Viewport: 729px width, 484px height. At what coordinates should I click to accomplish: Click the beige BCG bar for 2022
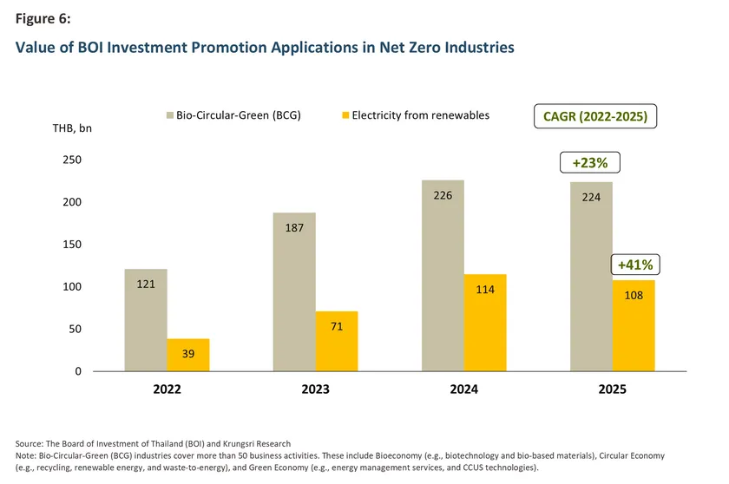click(146, 320)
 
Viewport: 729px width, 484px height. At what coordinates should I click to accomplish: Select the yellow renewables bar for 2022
click(188, 355)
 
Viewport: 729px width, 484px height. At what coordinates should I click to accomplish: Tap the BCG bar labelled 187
click(294, 291)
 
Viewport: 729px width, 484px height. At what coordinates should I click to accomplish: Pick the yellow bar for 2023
click(337, 341)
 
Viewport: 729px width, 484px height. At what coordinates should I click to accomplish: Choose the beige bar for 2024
click(443, 275)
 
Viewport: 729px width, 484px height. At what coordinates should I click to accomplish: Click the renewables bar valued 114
click(485, 323)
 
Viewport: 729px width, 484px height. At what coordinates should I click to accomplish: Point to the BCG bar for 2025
click(591, 276)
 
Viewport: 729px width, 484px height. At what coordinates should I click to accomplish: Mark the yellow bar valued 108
click(634, 325)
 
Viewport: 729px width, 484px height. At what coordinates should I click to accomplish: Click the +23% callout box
click(590, 162)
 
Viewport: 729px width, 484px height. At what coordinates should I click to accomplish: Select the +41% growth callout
click(634, 265)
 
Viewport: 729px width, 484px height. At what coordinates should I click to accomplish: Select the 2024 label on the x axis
click(463, 390)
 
